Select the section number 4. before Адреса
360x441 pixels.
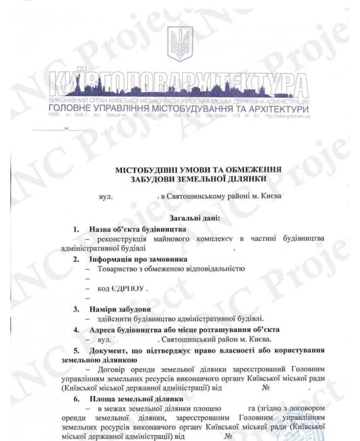click(76, 329)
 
